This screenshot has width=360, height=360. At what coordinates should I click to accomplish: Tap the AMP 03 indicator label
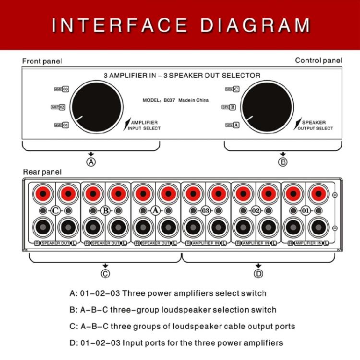(x=61, y=89)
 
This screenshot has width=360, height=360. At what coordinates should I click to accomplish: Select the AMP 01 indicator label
(x=61, y=125)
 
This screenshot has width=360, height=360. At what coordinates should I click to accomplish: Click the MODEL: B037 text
(x=159, y=101)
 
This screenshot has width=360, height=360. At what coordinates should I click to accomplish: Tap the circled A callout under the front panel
(x=91, y=162)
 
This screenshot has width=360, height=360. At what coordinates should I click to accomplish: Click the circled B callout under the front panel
(x=283, y=162)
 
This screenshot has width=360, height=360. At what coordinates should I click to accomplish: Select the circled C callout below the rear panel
(x=105, y=274)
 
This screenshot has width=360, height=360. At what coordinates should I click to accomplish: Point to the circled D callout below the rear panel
(x=259, y=274)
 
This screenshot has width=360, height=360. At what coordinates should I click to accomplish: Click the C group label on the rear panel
(x=56, y=211)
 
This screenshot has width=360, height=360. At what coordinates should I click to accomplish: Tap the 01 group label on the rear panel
(x=306, y=211)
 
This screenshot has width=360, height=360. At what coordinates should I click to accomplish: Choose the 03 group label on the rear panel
(x=205, y=211)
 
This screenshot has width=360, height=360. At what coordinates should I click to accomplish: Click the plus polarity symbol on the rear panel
(x=335, y=194)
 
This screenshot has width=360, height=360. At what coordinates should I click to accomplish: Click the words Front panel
(x=42, y=61)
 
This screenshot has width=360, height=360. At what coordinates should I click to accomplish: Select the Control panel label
(x=318, y=60)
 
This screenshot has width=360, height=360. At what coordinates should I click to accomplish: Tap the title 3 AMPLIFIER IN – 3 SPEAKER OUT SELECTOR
(x=182, y=75)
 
